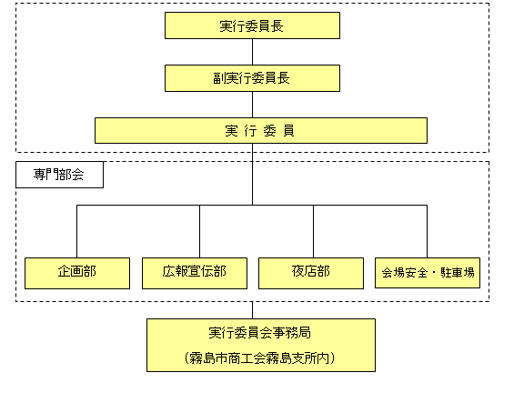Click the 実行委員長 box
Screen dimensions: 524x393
click(252, 25)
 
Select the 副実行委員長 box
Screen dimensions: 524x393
click(252, 78)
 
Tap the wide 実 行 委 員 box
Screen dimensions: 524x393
click(261, 131)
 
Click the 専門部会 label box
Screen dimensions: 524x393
click(59, 175)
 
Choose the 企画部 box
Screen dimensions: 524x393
click(77, 273)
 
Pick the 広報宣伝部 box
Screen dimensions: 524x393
click(195, 273)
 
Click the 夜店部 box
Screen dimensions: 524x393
click(311, 273)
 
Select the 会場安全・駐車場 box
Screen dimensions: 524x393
click(428, 273)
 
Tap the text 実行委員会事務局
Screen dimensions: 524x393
click(260, 333)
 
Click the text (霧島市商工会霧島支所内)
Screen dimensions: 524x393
click(259, 358)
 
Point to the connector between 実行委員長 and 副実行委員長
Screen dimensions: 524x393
click(252, 52)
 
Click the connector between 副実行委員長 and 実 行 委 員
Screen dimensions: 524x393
click(252, 105)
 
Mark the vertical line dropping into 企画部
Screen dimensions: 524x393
click(76, 231)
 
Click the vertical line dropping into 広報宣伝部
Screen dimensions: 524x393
click(200, 231)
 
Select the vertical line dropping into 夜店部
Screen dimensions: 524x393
click(314, 231)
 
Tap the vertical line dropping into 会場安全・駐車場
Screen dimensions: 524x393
click(427, 231)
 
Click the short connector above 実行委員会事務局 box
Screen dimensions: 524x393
click(252, 310)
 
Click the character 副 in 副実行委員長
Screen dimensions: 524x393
click(219, 78)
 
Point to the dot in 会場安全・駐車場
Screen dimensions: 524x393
click(434, 273)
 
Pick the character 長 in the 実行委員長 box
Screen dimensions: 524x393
click(277, 26)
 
